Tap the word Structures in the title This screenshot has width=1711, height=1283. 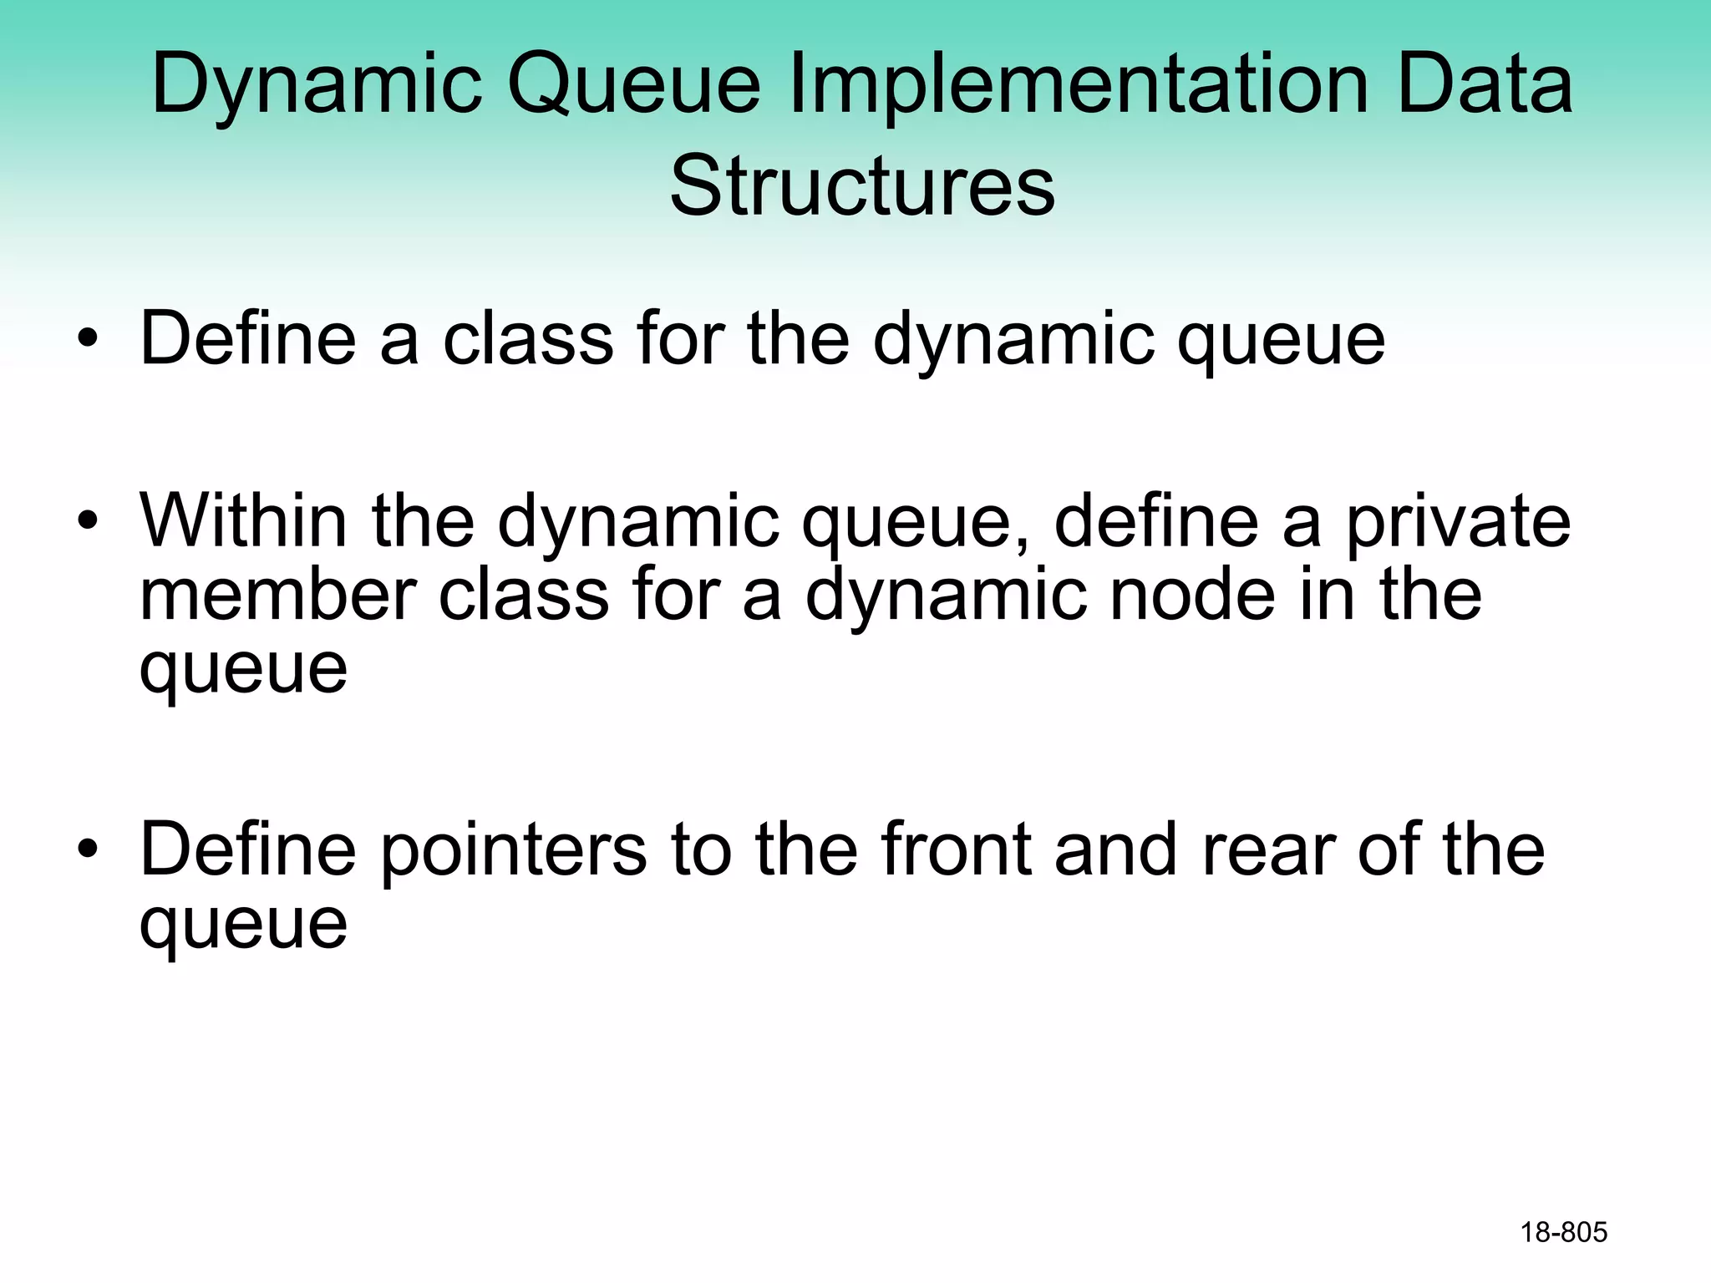(862, 185)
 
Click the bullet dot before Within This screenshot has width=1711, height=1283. (87, 523)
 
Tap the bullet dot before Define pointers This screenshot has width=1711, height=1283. (87, 851)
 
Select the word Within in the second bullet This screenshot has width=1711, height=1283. (243, 521)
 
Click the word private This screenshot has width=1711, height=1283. (1458, 523)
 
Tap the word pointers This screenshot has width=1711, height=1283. (514, 850)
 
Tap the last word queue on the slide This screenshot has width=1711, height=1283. (243, 925)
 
